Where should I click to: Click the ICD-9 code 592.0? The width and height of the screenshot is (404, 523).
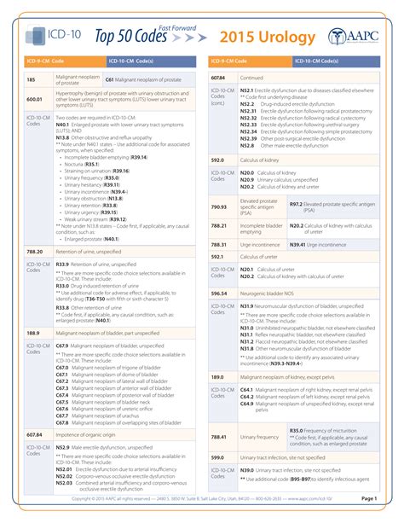click(x=217, y=159)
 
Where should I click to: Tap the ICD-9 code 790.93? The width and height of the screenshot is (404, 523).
click(x=219, y=206)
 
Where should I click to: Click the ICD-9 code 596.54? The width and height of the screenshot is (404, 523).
click(x=219, y=293)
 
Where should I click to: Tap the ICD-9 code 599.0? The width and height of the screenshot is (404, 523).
click(x=217, y=457)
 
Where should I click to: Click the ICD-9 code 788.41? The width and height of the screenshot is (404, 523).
click(x=219, y=436)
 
